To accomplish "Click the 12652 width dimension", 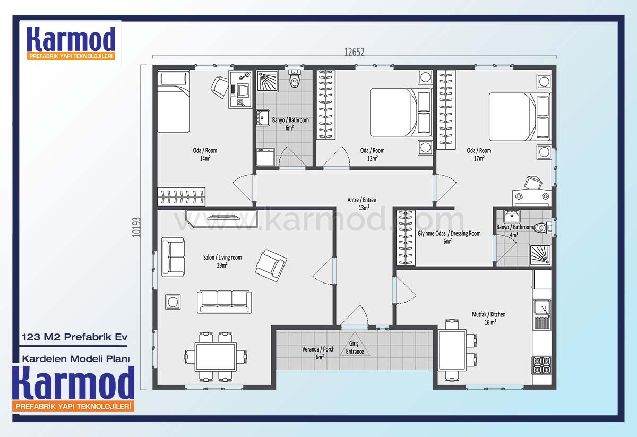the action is tap(354, 52).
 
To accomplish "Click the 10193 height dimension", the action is tap(136, 227).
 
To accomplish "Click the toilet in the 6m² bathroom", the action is tap(294, 79).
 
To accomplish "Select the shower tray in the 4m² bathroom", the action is tap(540, 255).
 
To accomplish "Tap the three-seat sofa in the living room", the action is tap(225, 302).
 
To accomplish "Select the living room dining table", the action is tap(216, 357).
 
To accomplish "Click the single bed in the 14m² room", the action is tap(174, 102).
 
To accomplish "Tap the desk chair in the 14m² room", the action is tap(220, 87).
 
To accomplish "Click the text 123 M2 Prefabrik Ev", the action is tap(75, 337).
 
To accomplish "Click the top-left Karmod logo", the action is tap(71, 43).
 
